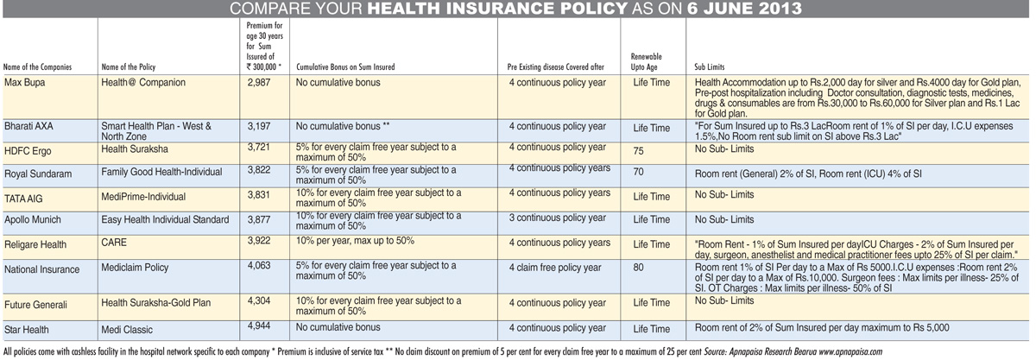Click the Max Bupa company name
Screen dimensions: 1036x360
pyautogui.click(x=24, y=83)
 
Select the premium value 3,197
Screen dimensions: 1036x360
pyautogui.click(x=259, y=126)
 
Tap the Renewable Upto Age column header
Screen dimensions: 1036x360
pyautogui.click(x=646, y=61)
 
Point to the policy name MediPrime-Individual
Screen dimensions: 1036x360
pyautogui.click(x=143, y=197)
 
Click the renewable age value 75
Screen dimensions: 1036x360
pyautogui.click(x=638, y=151)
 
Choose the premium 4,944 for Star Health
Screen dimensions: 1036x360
pyautogui.click(x=259, y=325)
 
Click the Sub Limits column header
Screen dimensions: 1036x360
pyautogui.click(x=710, y=66)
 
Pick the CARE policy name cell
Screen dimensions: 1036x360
pyautogui.click(x=114, y=243)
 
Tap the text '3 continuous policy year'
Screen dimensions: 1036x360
pyautogui.click(x=558, y=218)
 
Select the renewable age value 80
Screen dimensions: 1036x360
pyautogui.click(x=638, y=268)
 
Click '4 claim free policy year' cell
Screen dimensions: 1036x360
pyautogui.click(x=555, y=268)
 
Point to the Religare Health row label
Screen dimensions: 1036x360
pyautogui.click(x=35, y=245)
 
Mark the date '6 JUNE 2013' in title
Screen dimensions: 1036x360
pyautogui.click(x=744, y=9)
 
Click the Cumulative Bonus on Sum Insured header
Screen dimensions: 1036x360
pyautogui.click(x=345, y=66)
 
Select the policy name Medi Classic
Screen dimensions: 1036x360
pyautogui.click(x=127, y=330)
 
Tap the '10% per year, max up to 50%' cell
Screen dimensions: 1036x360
pyautogui.click(x=355, y=241)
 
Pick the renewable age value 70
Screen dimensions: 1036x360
pyautogui.click(x=638, y=172)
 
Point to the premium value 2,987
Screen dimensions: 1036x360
pyautogui.click(x=259, y=82)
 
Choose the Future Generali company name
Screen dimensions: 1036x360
pyautogui.click(x=35, y=305)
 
